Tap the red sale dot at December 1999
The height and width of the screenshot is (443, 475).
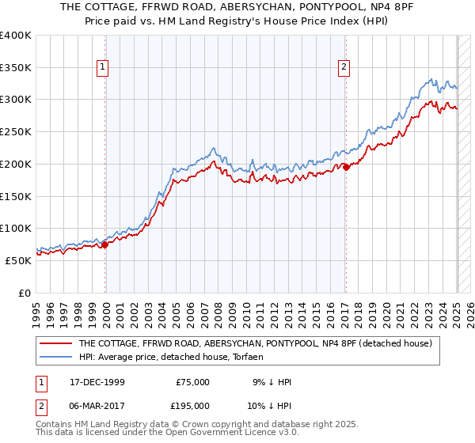(x=105, y=244)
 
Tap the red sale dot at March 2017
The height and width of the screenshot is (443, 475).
(x=346, y=167)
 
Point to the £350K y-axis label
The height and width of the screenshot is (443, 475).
(x=16, y=67)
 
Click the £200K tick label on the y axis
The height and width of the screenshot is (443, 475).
(x=16, y=164)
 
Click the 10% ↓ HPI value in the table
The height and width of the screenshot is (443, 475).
(x=272, y=405)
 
